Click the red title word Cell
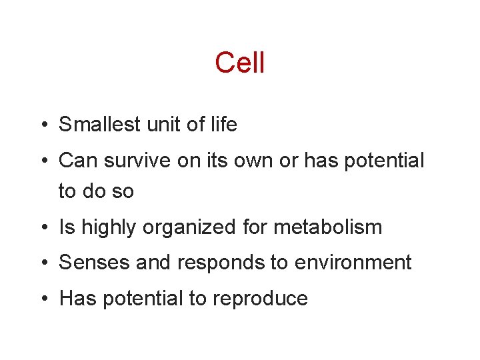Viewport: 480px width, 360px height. tap(240, 63)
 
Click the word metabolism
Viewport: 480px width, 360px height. tap(328, 227)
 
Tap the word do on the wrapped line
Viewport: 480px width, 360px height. tap(96, 191)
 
